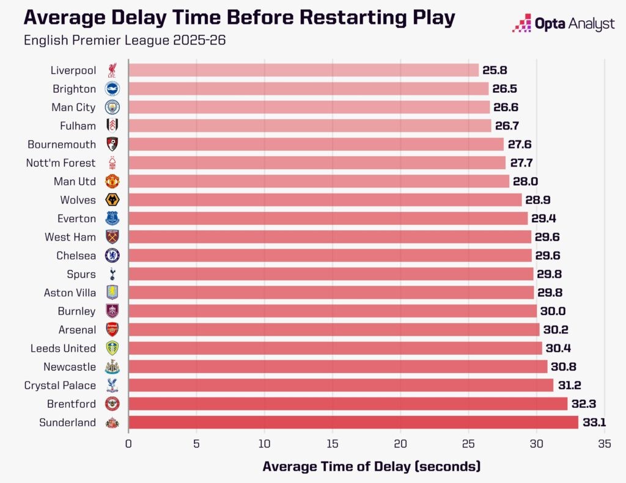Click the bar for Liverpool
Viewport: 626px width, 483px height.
303,70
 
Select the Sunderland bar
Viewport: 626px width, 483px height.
353,422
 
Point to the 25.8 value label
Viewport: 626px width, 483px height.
494,70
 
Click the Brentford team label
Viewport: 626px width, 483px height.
72,404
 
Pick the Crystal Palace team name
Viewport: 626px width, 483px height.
60,385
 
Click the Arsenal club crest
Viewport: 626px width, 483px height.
112,330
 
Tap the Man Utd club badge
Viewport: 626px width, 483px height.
112,181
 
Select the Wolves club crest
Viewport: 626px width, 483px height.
112,200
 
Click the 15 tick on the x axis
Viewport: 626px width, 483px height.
333,445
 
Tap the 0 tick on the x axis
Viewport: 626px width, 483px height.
128,445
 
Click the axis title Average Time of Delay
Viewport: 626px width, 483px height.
372,467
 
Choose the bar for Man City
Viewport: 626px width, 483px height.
309,107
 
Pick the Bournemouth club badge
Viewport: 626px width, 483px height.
112,144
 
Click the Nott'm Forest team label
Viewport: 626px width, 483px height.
61,163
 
